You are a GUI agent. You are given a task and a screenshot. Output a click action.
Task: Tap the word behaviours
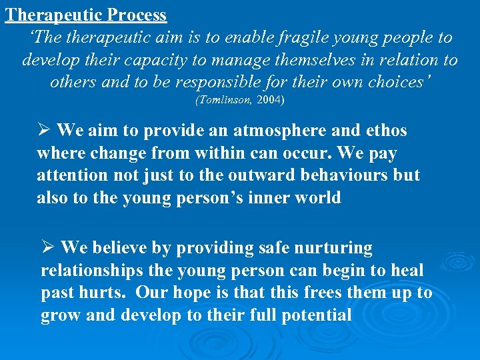pyautogui.click(x=328, y=175)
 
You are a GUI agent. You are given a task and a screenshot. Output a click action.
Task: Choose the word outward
pyautogui.click(x=254, y=175)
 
